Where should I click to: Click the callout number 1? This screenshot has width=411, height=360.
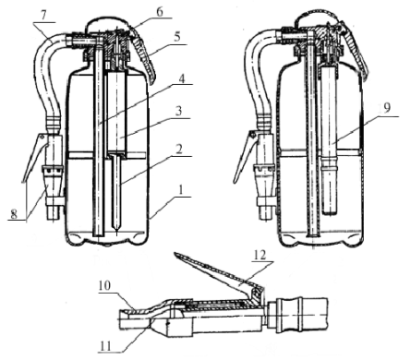(182, 189)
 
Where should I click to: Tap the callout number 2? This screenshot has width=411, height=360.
(179, 150)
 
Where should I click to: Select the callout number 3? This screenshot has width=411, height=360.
(178, 111)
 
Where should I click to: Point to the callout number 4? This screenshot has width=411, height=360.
(182, 78)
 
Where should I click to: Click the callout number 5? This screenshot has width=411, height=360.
(176, 37)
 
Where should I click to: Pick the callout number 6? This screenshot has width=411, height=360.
(160, 12)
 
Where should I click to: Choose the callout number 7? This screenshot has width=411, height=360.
(44, 16)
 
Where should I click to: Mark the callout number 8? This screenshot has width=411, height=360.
(14, 213)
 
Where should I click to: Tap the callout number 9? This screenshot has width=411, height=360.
(387, 108)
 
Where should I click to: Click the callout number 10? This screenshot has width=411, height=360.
(104, 285)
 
